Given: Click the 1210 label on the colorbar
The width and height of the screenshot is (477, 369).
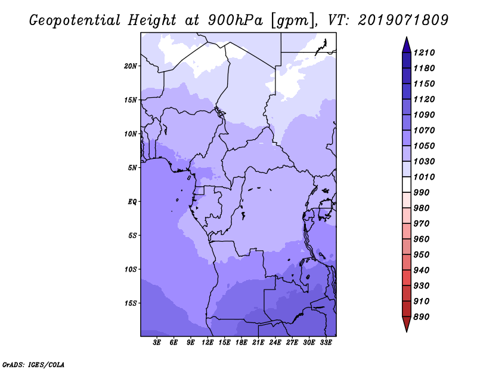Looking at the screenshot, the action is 424,53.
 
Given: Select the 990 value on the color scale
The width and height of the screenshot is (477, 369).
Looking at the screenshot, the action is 422,192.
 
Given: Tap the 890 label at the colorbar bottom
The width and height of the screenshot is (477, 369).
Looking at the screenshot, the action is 422,316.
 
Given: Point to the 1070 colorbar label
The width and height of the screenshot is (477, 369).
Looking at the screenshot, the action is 424,130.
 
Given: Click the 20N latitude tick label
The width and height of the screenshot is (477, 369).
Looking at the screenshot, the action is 131,66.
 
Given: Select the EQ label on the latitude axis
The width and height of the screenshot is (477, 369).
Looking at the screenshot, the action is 132,202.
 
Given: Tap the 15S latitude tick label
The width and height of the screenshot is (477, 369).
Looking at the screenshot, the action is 131,303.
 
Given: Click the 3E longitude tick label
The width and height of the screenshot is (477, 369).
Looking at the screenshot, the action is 157,343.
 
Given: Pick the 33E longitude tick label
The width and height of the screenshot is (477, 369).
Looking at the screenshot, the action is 326,343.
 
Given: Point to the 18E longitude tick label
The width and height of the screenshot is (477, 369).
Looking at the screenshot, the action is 241,343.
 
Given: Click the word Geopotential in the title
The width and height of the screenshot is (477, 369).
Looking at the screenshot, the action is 75,20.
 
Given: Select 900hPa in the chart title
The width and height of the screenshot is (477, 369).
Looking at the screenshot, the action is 235,20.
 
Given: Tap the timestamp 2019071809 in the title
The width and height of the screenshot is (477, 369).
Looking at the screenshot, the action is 403,20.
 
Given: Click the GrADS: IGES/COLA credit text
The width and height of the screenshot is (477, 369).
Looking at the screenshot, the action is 33,365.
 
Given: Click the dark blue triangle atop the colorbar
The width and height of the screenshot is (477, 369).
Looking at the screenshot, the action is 407,45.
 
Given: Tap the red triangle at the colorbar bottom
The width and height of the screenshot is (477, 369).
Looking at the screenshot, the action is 407,324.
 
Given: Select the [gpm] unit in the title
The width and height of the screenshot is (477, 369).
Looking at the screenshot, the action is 293,21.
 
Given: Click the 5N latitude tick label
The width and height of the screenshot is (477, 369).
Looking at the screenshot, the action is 132,168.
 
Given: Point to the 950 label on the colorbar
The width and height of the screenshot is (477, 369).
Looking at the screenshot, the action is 422,254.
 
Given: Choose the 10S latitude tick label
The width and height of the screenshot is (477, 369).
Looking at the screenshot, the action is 131,269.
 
